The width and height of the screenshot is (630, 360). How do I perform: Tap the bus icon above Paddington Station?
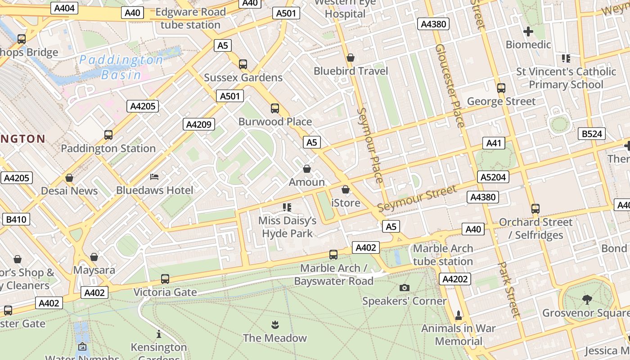pos(108,135)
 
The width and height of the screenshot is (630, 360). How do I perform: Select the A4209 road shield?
pos(198,124)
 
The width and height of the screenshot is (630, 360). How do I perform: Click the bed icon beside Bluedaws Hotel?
pos(154,176)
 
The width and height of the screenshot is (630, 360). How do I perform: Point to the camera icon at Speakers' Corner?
pos(405,288)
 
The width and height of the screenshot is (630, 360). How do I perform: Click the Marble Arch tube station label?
pos(443,255)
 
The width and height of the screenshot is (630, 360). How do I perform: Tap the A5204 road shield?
pos(493,177)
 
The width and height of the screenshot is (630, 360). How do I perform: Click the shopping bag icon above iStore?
pos(345,189)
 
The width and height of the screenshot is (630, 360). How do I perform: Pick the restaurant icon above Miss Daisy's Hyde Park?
pos(287,207)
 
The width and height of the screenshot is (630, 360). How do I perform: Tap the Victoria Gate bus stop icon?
pos(165,279)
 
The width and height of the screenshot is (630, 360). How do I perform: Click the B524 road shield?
pos(592,134)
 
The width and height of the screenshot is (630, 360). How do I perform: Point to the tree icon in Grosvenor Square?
pos(587,299)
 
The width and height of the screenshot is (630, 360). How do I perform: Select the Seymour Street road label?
pos(417,198)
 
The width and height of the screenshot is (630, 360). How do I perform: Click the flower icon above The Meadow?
pos(274,324)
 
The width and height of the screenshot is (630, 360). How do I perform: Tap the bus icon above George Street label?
pos(501,88)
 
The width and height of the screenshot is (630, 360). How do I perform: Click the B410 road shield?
pos(16,220)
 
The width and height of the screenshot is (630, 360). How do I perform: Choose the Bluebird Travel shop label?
pos(351,71)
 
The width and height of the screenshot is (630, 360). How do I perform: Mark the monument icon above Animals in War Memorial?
pos(459,315)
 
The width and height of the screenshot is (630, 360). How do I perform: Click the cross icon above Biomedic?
pos(528,31)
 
